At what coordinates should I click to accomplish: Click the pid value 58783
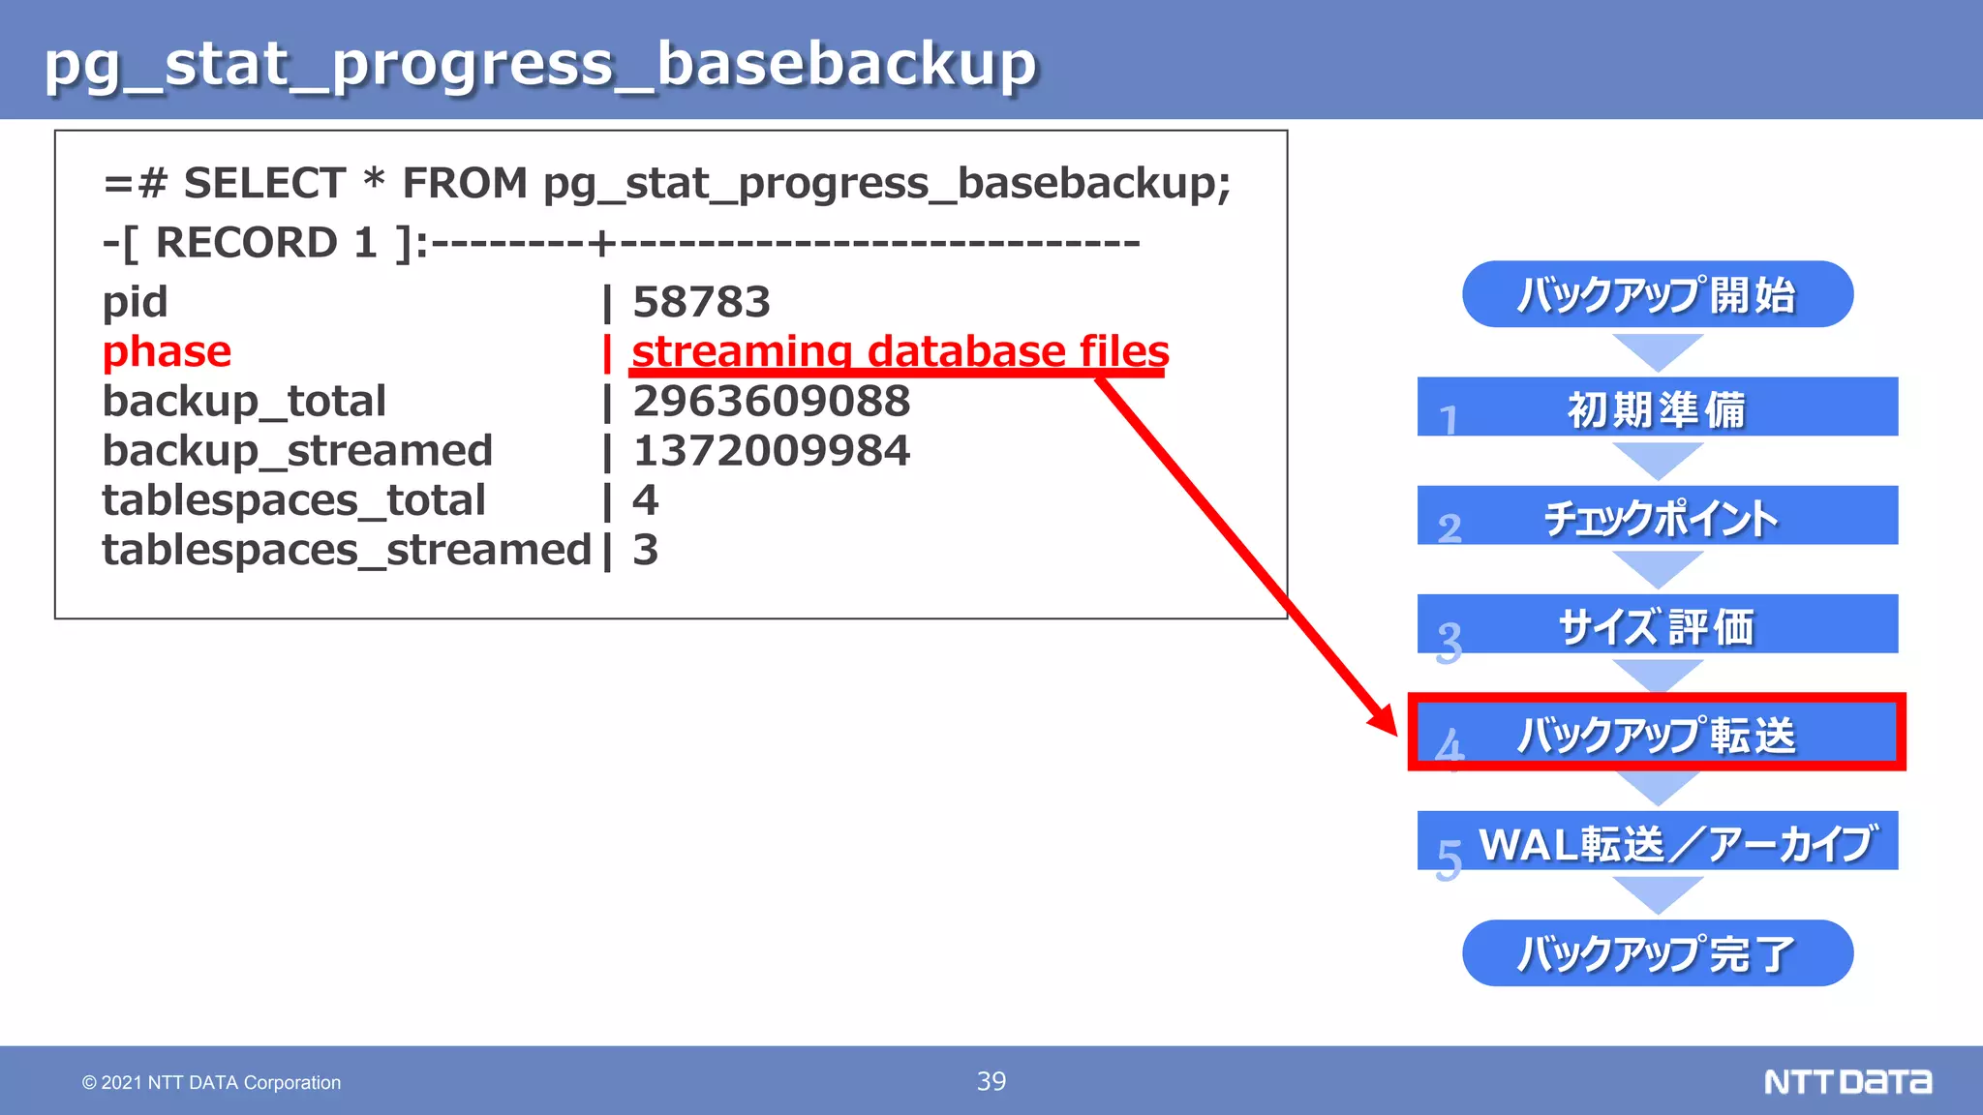coord(701,302)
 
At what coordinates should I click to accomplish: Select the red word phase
coord(167,351)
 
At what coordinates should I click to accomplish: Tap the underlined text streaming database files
coord(900,351)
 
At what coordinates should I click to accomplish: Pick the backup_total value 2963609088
coord(771,402)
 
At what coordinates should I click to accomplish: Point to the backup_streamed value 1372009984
coord(771,451)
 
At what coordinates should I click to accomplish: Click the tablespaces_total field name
coord(293,500)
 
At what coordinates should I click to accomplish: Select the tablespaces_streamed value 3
coord(645,550)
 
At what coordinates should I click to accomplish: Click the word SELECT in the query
coord(264,183)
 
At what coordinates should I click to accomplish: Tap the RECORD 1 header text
coord(265,243)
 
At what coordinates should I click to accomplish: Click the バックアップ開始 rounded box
coord(1657,294)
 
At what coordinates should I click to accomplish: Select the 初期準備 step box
coord(1657,407)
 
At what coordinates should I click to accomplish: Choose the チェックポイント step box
coord(1657,516)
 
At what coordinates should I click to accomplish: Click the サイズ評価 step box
coord(1657,624)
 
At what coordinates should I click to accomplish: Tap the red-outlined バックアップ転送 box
coord(1657,733)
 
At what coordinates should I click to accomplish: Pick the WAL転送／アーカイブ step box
coord(1657,841)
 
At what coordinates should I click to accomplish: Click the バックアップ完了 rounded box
coord(1657,953)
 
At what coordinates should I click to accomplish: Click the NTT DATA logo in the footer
coord(1846,1081)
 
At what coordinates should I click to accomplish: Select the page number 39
coord(991,1081)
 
